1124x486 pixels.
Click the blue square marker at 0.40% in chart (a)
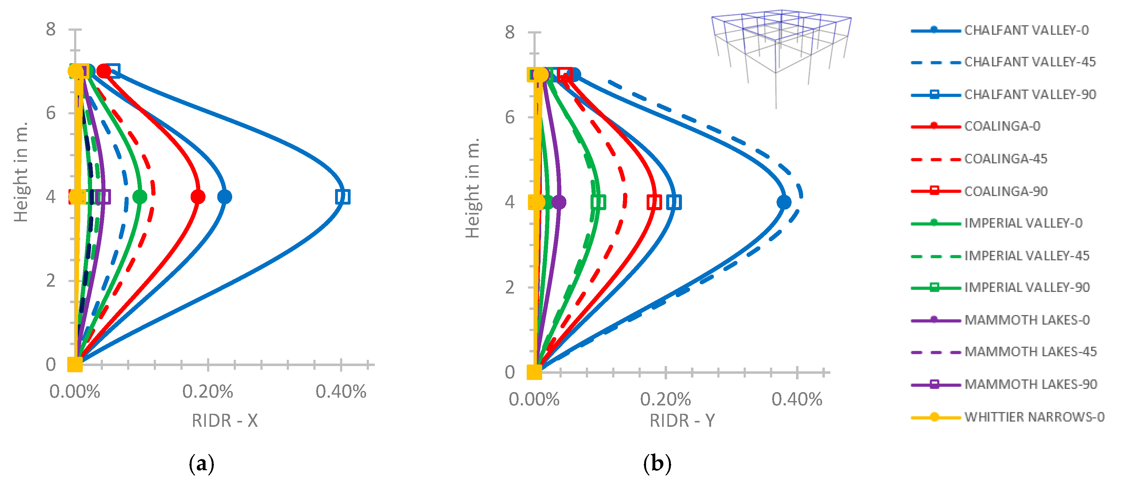[x=343, y=197]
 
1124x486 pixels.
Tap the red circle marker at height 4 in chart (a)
[x=198, y=197]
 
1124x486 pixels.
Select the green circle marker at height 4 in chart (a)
[x=139, y=197]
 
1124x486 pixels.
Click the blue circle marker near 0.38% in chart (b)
[x=784, y=202]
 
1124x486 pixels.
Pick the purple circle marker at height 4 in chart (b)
[x=559, y=202]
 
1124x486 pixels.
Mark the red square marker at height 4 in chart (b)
[x=654, y=202]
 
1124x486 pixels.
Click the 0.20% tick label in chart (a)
[x=208, y=392]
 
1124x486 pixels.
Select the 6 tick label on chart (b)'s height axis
[x=510, y=117]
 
